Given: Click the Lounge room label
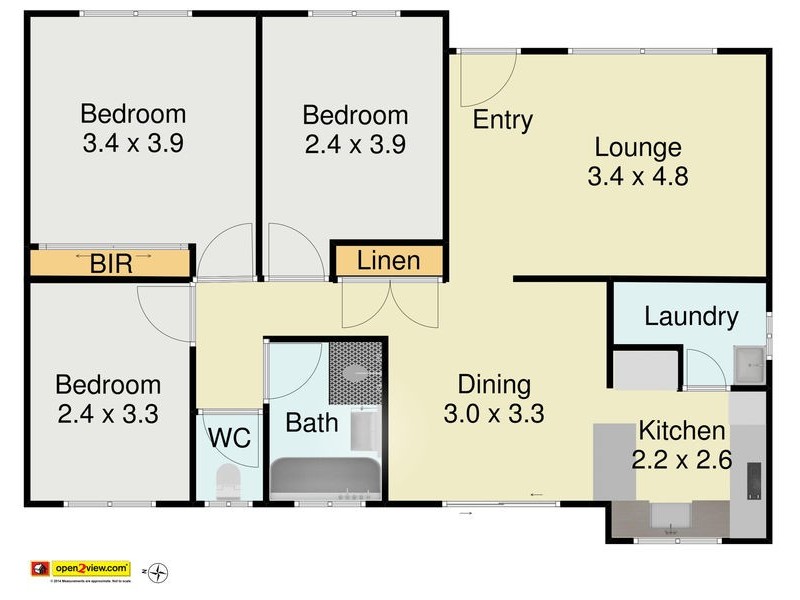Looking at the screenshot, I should [x=638, y=148].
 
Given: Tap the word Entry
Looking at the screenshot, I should [x=502, y=120].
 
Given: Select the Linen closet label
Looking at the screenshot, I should [x=388, y=261].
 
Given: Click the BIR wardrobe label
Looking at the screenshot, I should [x=110, y=265].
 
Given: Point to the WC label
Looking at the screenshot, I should [x=228, y=438].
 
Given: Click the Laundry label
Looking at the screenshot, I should [x=691, y=317].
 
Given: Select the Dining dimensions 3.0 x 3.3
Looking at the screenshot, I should [x=494, y=412].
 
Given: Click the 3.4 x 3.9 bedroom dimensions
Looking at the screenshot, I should [x=133, y=143].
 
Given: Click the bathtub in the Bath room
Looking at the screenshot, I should [x=326, y=478].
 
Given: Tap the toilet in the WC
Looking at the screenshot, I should [x=229, y=481].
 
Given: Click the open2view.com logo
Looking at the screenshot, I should [x=88, y=567].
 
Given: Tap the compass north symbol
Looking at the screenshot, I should [x=158, y=572].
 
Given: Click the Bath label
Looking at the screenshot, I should [x=312, y=422].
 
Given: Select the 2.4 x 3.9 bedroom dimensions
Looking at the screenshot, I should [x=354, y=143].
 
